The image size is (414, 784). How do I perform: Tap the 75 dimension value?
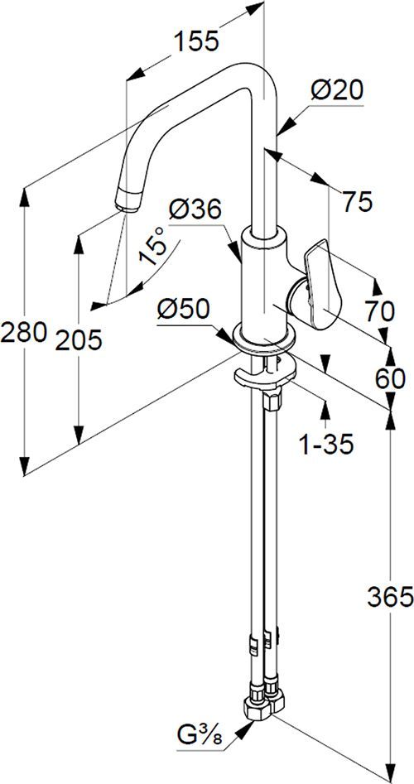(x=357, y=200)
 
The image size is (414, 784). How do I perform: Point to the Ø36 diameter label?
(x=195, y=210)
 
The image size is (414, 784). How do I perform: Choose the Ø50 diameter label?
(x=184, y=309)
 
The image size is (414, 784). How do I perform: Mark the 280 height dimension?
(x=22, y=334)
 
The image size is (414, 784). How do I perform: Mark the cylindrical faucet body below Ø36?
(x=262, y=281)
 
